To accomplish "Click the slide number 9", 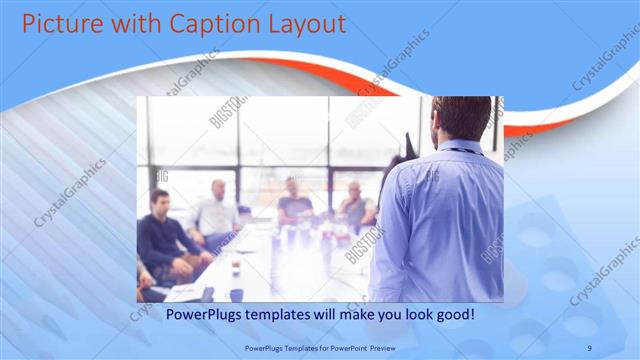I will pyautogui.click(x=590, y=347).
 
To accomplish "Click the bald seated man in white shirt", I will pyautogui.click(x=216, y=212).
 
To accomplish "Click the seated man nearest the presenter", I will pyautogui.click(x=354, y=206).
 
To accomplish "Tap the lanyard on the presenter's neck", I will pyautogui.click(x=460, y=150).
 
